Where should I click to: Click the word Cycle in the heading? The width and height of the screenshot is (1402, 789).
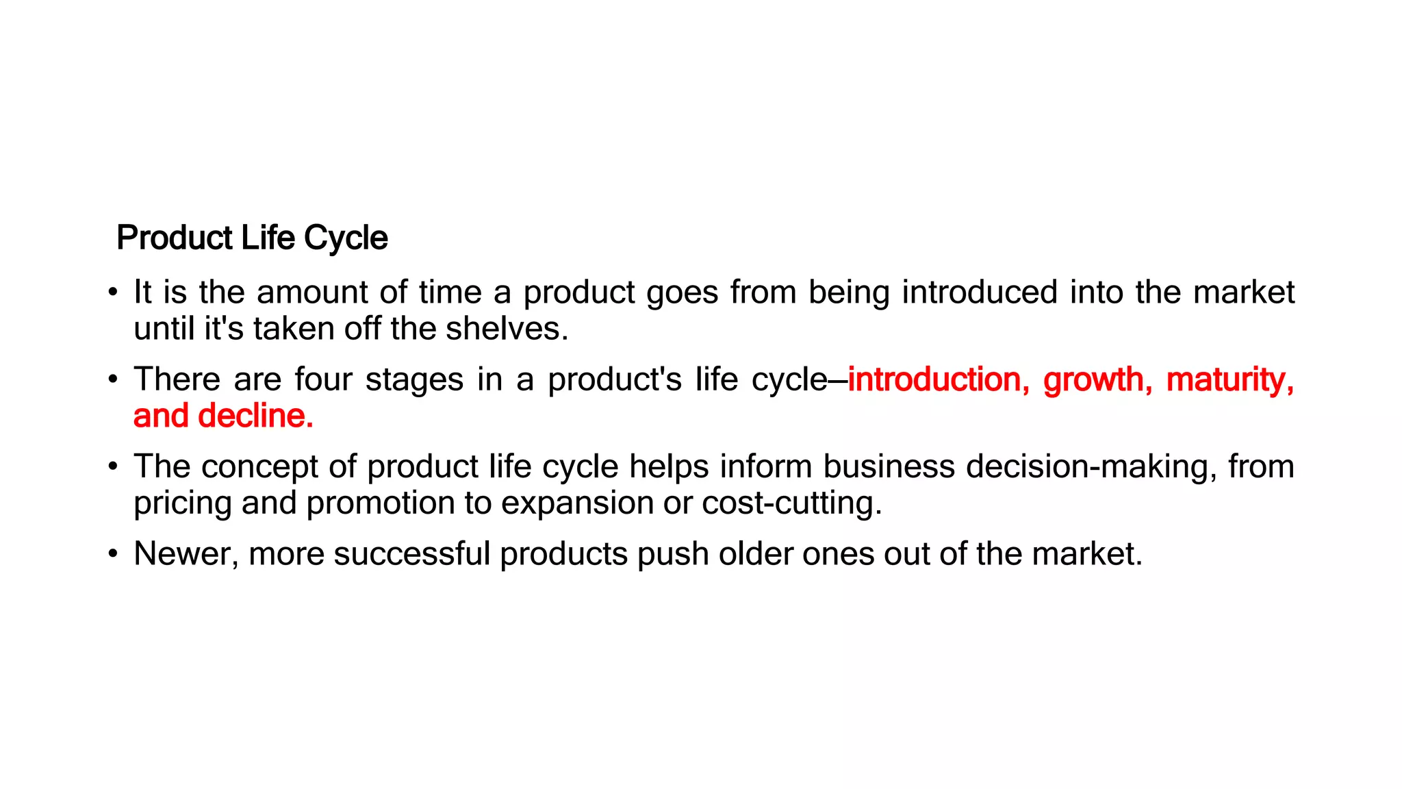[x=346, y=238]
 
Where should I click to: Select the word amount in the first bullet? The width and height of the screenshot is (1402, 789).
[x=312, y=292]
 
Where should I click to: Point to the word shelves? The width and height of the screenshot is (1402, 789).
[x=507, y=329]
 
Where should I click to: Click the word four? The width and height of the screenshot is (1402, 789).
[x=323, y=379]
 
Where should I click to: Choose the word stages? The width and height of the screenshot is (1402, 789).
[x=414, y=379]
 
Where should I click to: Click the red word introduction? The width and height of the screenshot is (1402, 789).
[x=938, y=379]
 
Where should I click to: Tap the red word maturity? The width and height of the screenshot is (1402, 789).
[x=1229, y=379]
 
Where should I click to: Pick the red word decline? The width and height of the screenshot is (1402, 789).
[x=255, y=416]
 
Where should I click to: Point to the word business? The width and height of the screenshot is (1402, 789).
[x=889, y=466]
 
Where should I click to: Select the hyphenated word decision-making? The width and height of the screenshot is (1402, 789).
[x=1091, y=466]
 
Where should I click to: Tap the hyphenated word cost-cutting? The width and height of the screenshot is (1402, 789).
[x=791, y=503]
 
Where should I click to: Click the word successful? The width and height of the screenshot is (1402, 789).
[x=412, y=553]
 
